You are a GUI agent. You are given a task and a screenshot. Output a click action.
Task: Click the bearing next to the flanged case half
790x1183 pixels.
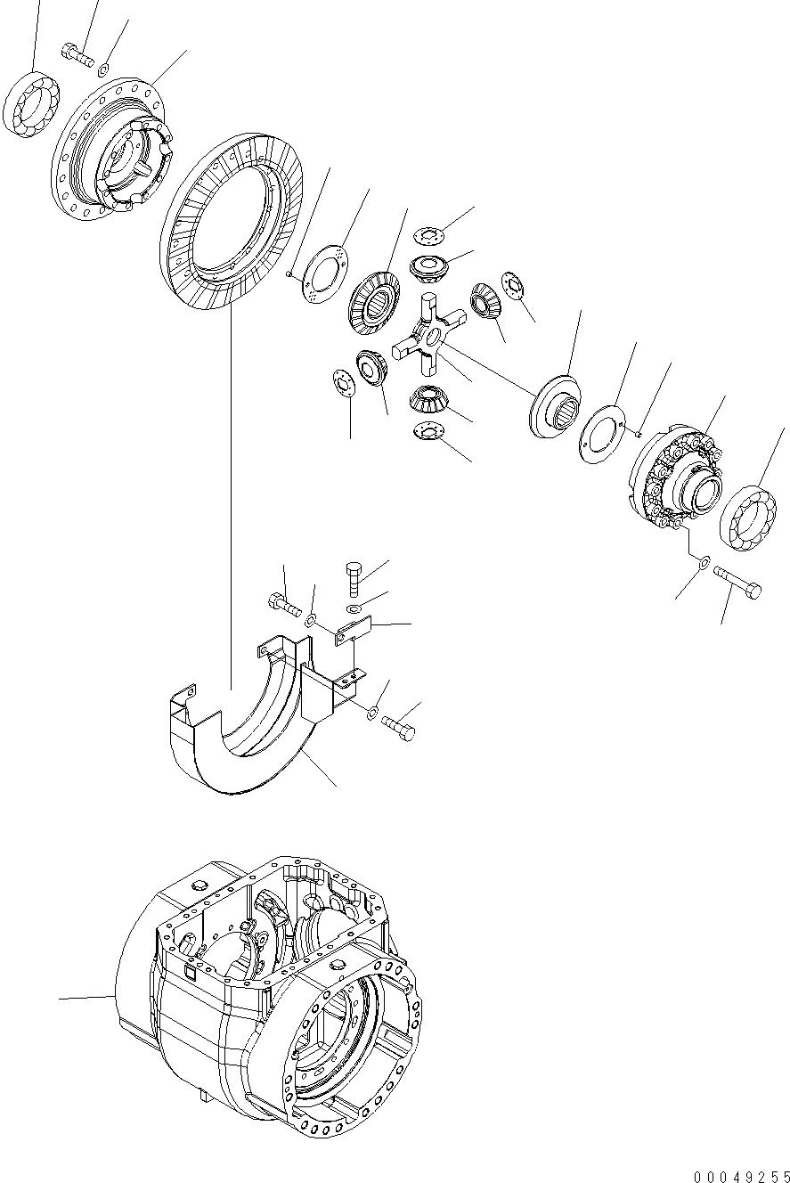point(33,104)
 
